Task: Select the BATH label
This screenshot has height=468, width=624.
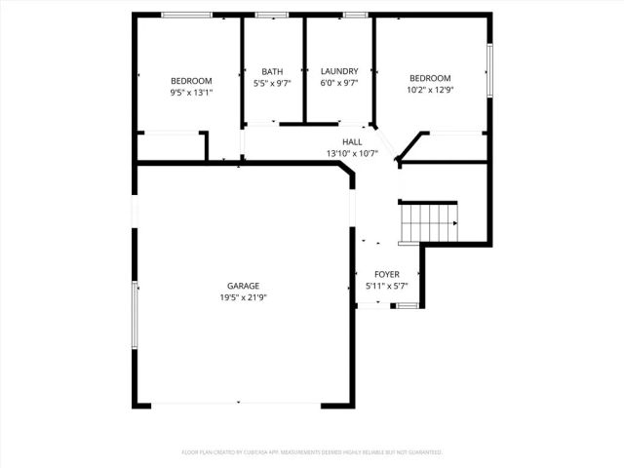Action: [x=272, y=71]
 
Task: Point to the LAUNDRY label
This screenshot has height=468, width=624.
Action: [x=339, y=71]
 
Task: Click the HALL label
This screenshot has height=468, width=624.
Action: [x=352, y=142]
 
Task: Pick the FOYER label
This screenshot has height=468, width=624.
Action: [x=387, y=275]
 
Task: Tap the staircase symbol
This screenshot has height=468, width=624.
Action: [x=429, y=221]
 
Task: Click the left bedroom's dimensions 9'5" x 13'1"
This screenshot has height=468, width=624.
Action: [x=191, y=93]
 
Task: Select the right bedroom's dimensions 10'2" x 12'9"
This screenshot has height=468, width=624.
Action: [x=430, y=91]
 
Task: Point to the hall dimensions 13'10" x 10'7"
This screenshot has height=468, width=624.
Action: [x=352, y=154]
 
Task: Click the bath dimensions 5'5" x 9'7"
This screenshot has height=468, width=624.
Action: [x=272, y=84]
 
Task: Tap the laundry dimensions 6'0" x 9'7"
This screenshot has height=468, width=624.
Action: [x=339, y=84]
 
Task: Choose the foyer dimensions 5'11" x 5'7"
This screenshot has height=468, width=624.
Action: [x=387, y=287]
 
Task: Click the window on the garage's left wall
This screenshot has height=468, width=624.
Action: [x=136, y=314]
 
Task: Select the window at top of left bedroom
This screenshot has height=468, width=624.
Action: [x=188, y=15]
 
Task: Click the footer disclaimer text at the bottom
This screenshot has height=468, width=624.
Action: [x=312, y=452]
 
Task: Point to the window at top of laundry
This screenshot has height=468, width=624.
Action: [x=354, y=15]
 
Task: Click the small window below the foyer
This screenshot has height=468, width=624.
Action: [x=407, y=306]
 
